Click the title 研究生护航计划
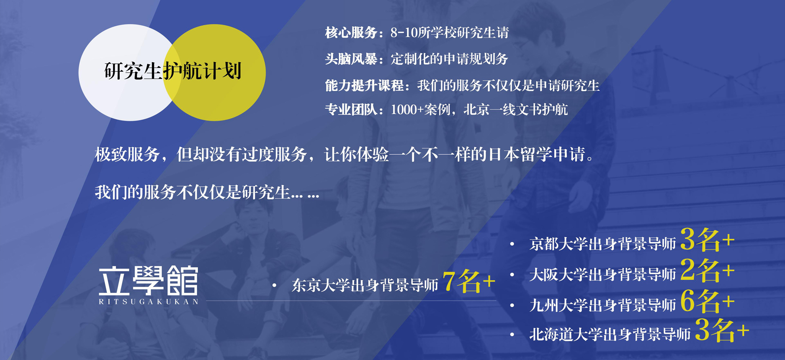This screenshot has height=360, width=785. pyautogui.click(x=173, y=71)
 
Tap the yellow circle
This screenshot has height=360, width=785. pyautogui.click(x=222, y=73)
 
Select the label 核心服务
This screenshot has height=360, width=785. pyautogui.click(x=351, y=33)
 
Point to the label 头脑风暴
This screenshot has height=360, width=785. pyautogui.click(x=351, y=59)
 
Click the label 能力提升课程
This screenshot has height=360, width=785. pyautogui.click(x=364, y=85)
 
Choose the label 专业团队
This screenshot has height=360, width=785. pyautogui.click(x=351, y=110)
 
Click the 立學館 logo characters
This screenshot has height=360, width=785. pyautogui.click(x=148, y=281)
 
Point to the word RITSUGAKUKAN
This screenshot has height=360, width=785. pyautogui.click(x=149, y=302)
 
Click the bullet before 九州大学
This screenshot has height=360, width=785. pyautogui.click(x=512, y=305)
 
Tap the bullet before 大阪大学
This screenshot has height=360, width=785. pyautogui.click(x=512, y=274)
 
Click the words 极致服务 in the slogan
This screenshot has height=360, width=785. pyautogui.click(x=127, y=154)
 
